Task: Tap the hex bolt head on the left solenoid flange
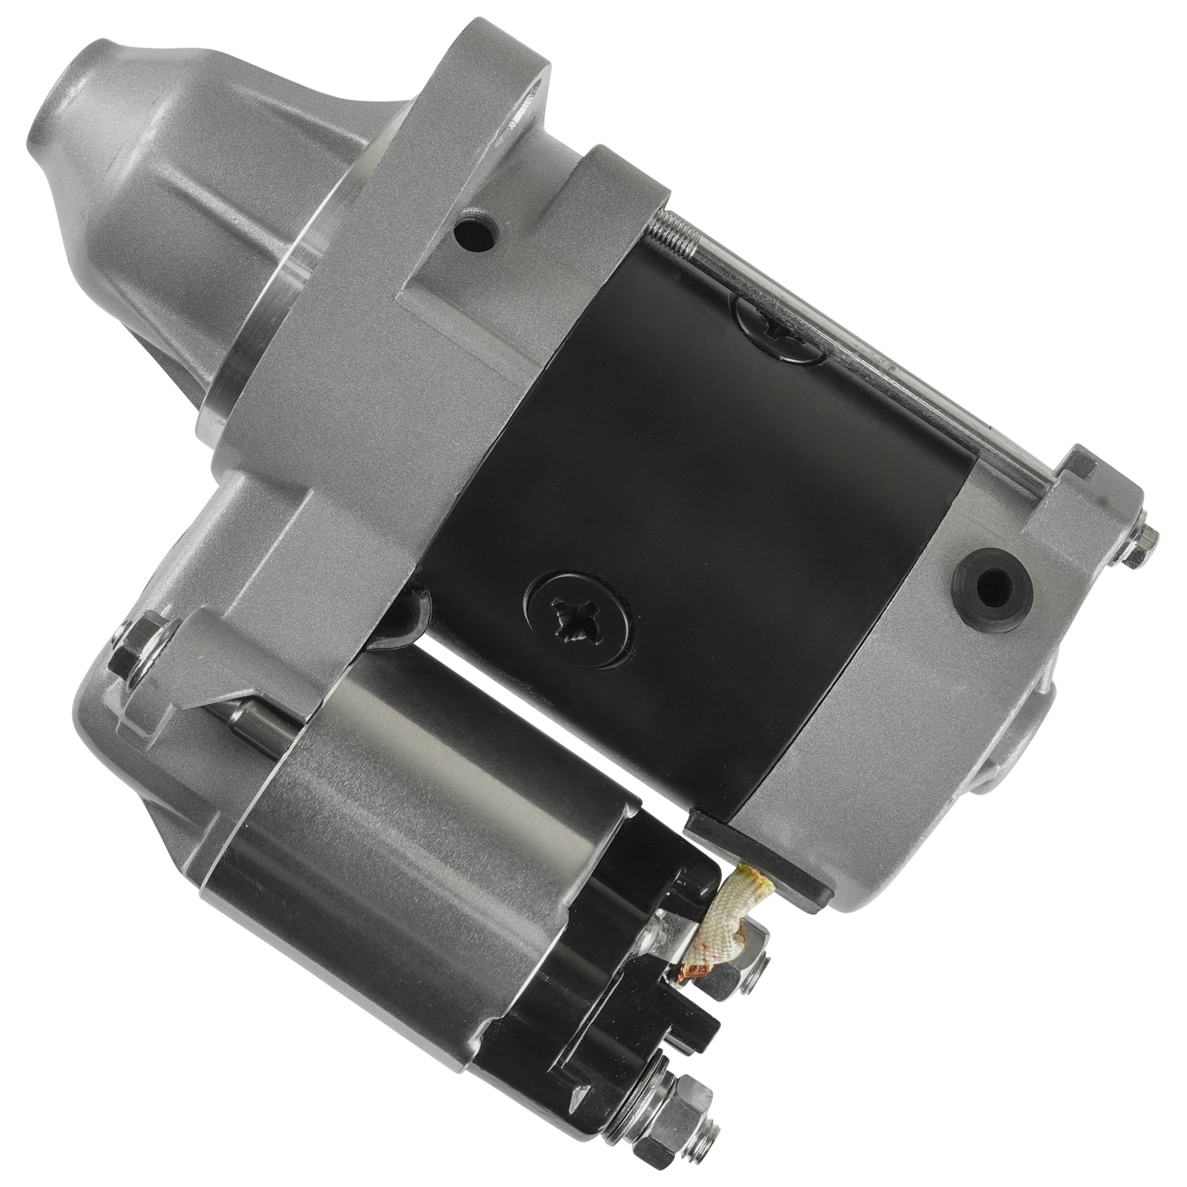click(133, 642)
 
